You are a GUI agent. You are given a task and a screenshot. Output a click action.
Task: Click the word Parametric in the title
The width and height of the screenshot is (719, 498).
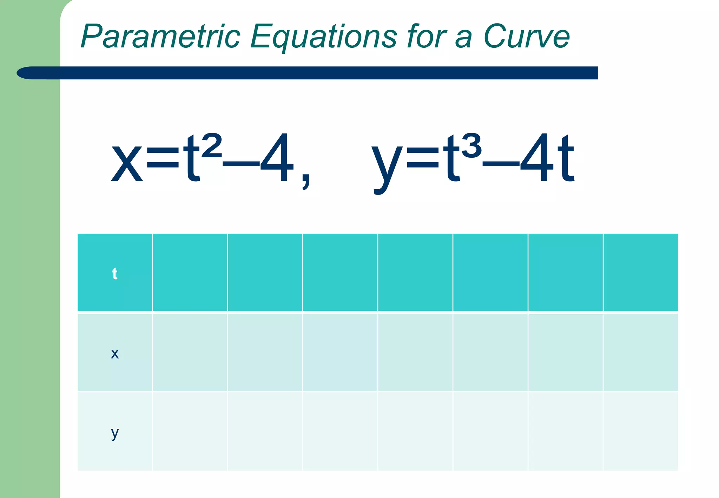[160, 36]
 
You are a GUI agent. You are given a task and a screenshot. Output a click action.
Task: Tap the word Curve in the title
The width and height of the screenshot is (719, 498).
[526, 36]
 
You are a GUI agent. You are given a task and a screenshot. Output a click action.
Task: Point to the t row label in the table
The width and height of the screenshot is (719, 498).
[114, 274]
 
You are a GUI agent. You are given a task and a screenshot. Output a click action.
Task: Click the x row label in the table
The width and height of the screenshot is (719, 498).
[114, 353]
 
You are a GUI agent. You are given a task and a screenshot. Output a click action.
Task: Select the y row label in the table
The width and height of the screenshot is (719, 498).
[114, 433]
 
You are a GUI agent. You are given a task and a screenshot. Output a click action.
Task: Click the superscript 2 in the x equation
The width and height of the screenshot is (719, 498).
[212, 145]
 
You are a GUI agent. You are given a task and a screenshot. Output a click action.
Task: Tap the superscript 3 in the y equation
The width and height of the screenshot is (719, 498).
[471, 145]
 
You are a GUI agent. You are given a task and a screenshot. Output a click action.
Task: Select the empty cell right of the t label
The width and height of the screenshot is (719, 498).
[190, 273]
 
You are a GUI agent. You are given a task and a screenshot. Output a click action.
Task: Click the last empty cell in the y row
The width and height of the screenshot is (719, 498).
[640, 431]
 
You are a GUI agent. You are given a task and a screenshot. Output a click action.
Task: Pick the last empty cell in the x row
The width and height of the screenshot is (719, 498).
[640, 352]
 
